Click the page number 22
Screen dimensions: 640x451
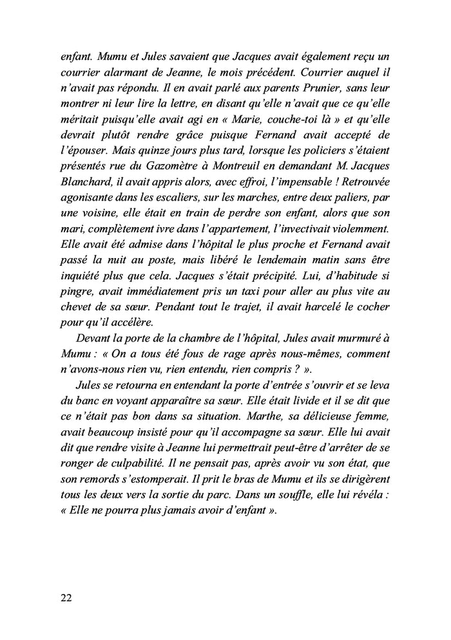[66, 597]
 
